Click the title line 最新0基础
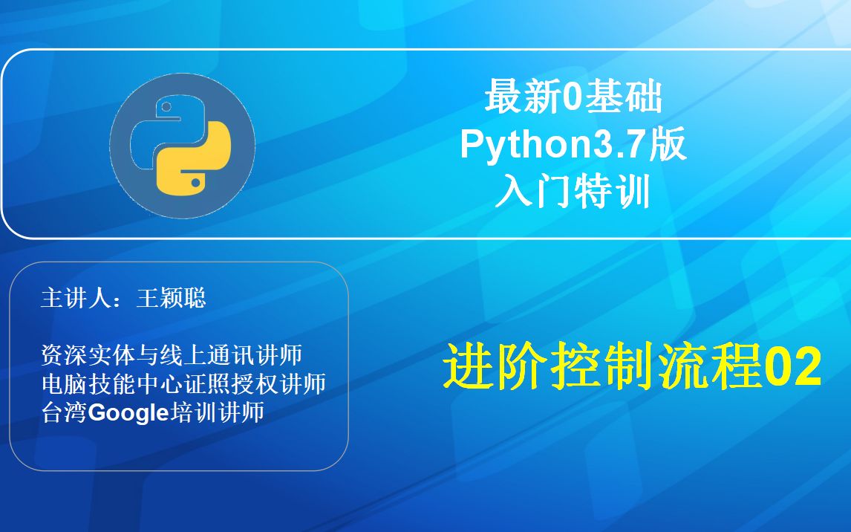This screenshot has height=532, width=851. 573,98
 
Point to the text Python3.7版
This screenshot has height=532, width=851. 573,146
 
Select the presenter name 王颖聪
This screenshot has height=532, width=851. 171,299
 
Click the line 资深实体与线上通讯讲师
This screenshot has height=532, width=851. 172,356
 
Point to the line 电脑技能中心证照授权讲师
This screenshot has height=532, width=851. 183,384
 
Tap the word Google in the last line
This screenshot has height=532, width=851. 130,413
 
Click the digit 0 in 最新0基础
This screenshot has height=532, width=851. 570,99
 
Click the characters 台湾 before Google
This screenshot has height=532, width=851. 65,413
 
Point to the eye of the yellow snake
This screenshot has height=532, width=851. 196,181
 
